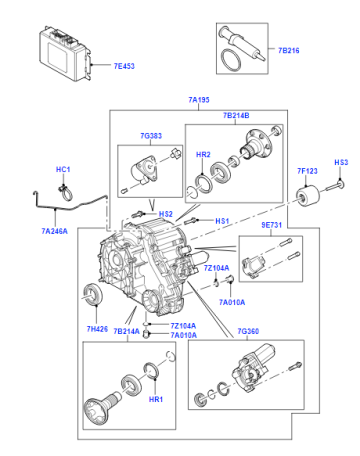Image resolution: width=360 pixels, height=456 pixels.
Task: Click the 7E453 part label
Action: click(124, 66)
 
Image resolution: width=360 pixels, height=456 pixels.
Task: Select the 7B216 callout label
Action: click(289, 50)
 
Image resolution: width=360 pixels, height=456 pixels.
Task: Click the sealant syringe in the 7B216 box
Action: click(242, 44)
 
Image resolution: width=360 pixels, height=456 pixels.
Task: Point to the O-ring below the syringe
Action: click(231, 60)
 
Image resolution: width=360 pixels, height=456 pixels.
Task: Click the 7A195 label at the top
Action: click(199, 100)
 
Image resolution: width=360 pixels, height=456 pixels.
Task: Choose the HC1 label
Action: click(63, 169)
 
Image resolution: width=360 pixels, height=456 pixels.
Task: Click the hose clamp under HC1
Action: click(66, 192)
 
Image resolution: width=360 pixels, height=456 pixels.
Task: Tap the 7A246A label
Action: click(54, 231)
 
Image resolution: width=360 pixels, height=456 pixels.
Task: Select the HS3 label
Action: click(341, 162)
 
